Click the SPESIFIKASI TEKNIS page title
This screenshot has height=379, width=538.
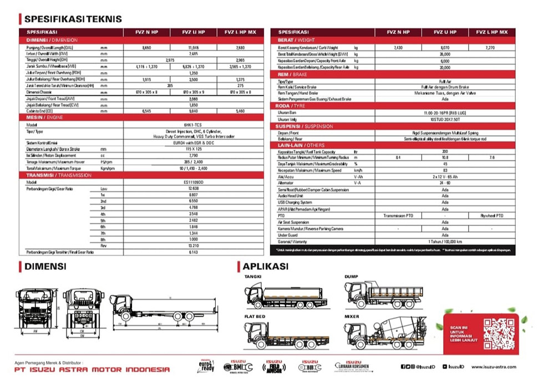[x=73, y=19]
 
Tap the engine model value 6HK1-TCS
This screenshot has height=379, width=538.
[x=194, y=125]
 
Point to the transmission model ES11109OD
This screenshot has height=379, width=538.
[x=194, y=182]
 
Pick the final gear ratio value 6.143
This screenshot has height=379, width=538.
[x=194, y=251]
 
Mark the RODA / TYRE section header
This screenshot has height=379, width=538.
[x=294, y=105]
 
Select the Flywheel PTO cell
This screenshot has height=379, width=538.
[x=491, y=215]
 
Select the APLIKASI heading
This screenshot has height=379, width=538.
[x=265, y=266]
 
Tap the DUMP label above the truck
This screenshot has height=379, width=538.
[x=351, y=276]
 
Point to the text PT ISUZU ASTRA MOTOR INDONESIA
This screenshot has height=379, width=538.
[x=92, y=370]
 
